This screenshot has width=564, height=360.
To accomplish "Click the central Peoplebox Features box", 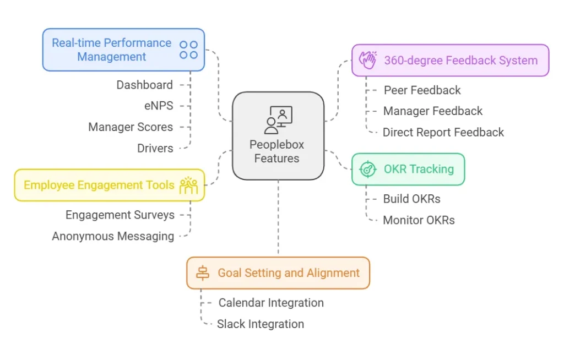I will coord(278,135).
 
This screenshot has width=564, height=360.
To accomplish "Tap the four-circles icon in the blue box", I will coord(188,50).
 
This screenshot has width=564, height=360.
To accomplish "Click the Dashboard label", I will coord(144,85).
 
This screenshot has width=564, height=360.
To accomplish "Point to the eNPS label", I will coord(158,106).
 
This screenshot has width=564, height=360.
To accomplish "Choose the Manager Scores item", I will coord(131,127).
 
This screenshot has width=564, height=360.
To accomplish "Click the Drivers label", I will coord(155,148).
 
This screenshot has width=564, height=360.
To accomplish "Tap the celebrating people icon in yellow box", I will coord(188,186).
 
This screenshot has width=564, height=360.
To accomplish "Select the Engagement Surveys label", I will coord(120,215).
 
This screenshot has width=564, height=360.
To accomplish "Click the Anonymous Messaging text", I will coord(113,236).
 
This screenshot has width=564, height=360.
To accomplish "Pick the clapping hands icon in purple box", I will coord(368,60).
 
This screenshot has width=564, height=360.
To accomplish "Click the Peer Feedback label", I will coord(422,90).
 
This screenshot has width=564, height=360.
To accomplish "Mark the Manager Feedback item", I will coord(432,111).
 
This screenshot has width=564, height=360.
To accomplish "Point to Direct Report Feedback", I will coord(443,132).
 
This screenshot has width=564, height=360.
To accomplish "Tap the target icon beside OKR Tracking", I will coord(367,169).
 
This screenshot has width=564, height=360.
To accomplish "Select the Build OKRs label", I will coord(411,199).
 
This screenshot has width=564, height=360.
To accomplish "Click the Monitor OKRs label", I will coord(419,220).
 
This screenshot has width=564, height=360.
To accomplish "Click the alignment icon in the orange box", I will coord(203,273).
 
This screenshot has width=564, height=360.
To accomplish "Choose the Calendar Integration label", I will coord(271,303).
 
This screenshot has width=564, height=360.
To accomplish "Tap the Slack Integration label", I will coord(260,324).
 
